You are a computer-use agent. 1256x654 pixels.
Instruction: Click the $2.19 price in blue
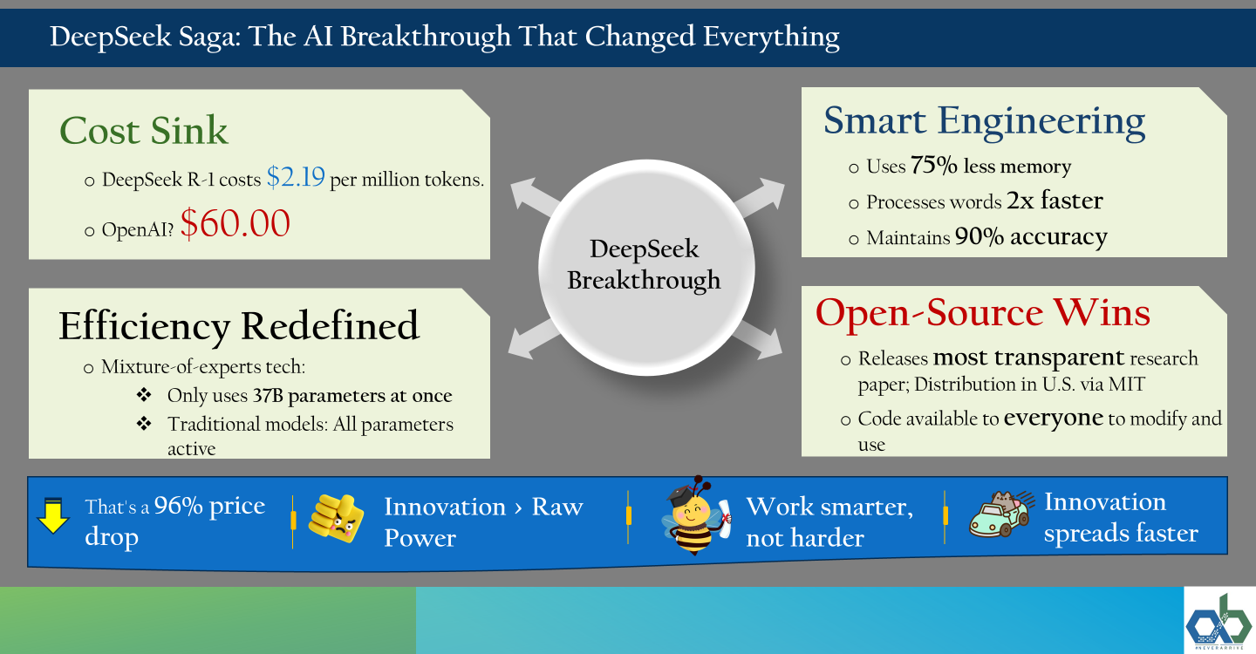296,176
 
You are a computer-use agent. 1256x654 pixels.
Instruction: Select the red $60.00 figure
235,223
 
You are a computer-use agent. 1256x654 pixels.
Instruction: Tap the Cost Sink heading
144,131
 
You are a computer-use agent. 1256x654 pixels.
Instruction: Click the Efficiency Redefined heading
239,325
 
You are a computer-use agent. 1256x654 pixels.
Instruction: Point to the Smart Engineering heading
984,121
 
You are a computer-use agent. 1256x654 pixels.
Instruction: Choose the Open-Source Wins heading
982,312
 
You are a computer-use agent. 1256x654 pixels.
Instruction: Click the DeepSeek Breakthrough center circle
646,268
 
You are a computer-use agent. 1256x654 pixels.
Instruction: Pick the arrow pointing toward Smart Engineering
759,197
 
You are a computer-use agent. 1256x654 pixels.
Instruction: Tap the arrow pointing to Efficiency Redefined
533,339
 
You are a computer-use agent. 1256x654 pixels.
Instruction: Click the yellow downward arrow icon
52,515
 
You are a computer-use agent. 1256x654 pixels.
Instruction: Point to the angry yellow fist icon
336,518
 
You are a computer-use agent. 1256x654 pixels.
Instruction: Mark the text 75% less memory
991,166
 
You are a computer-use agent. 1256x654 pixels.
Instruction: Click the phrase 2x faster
1055,201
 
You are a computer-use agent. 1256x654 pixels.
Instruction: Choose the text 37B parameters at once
352,396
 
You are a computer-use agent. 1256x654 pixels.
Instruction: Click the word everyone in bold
1054,419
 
